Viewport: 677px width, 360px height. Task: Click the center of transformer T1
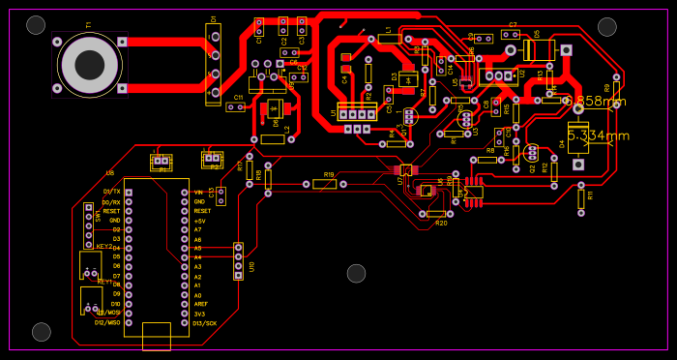[x=90, y=65]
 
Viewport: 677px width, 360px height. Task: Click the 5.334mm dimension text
[x=598, y=135]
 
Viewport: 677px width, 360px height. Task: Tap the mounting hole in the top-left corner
[x=36, y=25]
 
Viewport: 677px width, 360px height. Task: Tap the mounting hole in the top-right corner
[x=607, y=26]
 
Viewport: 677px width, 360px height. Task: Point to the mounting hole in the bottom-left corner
[x=42, y=332]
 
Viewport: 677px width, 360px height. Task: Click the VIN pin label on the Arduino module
[x=199, y=192]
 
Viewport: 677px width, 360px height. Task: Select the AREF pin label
[x=201, y=304]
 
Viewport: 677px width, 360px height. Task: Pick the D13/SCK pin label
[x=204, y=323]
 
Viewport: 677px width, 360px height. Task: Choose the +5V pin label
[x=200, y=221]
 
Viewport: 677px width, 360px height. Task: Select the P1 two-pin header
[x=162, y=161]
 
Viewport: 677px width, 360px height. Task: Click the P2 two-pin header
[x=212, y=159]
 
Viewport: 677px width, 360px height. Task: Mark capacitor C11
[x=236, y=106]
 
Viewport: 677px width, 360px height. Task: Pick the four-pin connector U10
[x=239, y=261]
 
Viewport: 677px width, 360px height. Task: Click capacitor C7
[x=511, y=35]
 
